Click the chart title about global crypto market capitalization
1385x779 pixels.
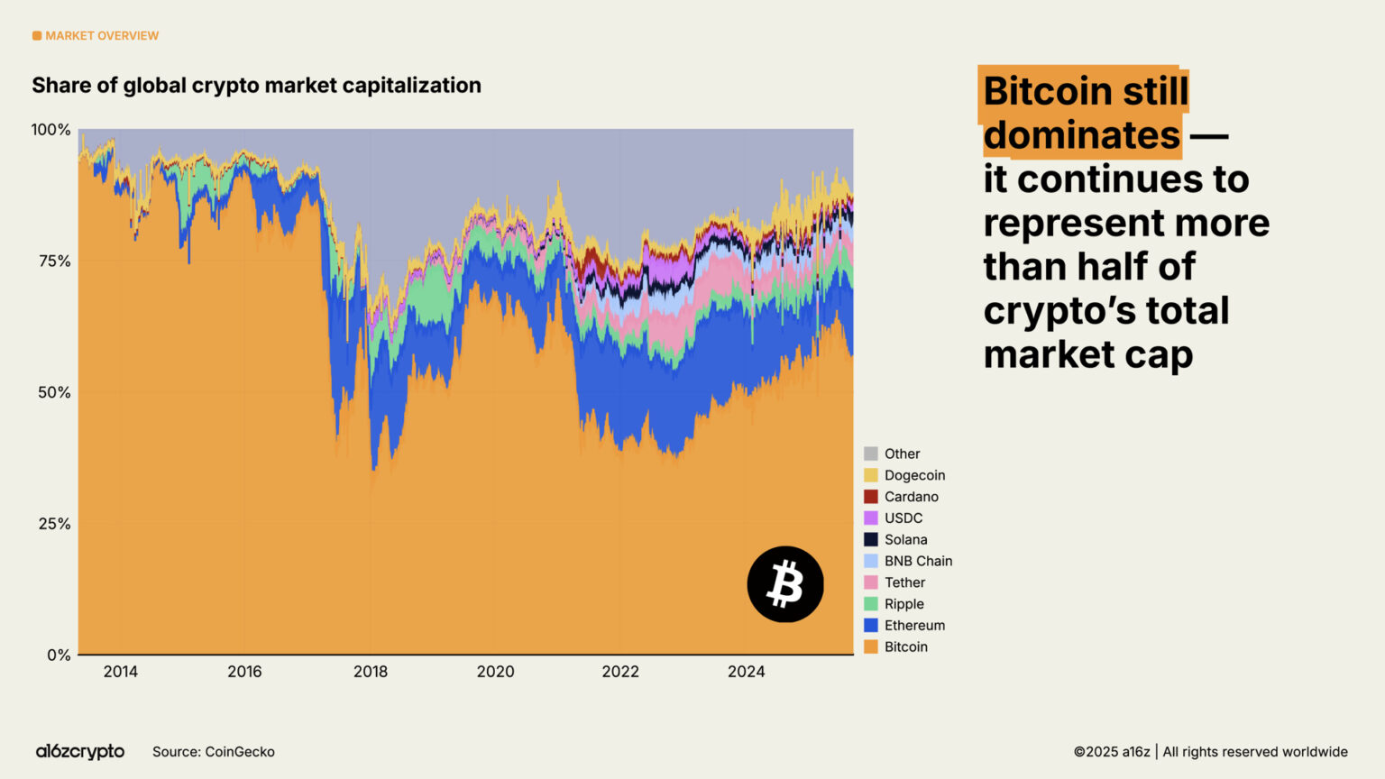pyautogui.click(x=256, y=86)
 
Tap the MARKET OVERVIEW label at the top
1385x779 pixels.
pyautogui.click(x=101, y=36)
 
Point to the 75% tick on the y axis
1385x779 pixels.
pyautogui.click(x=52, y=261)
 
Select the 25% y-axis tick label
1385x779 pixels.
pyautogui.click(x=52, y=524)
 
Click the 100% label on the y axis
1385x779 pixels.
pyautogui.click(x=50, y=130)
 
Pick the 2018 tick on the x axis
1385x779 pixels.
pyautogui.click(x=370, y=672)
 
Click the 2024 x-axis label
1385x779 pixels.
pyautogui.click(x=746, y=672)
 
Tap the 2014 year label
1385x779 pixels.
pyautogui.click(x=120, y=672)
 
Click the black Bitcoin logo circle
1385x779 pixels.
pyautogui.click(x=784, y=584)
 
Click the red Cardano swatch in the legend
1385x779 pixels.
pyautogui.click(x=870, y=497)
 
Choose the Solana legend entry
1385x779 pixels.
pyautogui.click(x=905, y=539)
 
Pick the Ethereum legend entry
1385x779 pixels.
pyautogui.click(x=914, y=626)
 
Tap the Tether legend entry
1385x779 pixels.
pyautogui.click(x=904, y=582)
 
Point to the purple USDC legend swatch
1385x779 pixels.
pyautogui.click(x=870, y=518)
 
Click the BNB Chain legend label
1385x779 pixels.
pyautogui.click(x=918, y=561)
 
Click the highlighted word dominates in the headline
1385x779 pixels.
pyautogui.click(x=1081, y=135)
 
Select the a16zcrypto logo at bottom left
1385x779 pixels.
pyautogui.click(x=80, y=752)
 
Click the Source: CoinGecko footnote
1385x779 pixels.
pyautogui.click(x=214, y=752)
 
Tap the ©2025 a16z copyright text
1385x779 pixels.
pyautogui.click(x=1111, y=752)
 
